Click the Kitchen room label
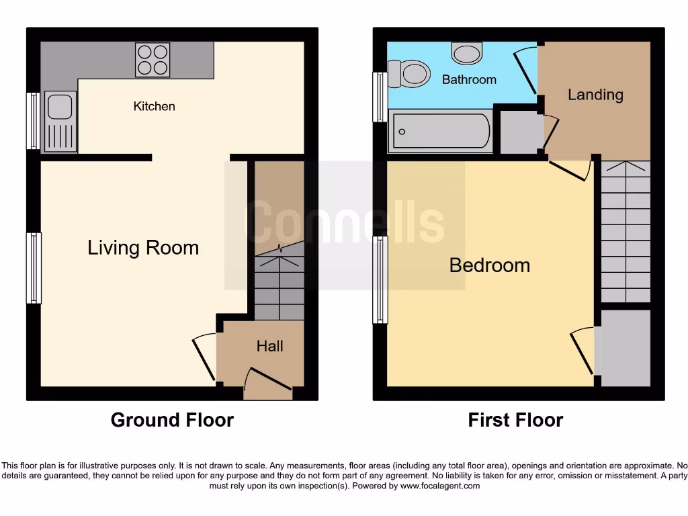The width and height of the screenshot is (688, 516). point(154,106)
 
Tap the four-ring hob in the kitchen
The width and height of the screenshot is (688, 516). point(153,59)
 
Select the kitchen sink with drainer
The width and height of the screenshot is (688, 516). point(60,121)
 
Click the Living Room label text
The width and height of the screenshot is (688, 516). point(143,248)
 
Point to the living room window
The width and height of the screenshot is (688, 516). point(34,267)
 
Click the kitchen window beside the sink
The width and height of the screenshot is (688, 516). point(33,121)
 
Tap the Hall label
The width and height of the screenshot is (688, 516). point(269,346)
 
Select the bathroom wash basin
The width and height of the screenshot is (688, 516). point(466,52)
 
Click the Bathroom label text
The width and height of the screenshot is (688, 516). point(469,79)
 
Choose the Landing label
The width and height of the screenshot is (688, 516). point(595,95)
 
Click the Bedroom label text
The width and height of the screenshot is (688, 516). point(489,265)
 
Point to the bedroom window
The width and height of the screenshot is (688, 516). point(381,279)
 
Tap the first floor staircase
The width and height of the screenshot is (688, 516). point(625,232)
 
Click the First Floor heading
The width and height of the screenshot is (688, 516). point(515,421)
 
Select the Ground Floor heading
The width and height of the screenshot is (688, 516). point(172,421)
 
